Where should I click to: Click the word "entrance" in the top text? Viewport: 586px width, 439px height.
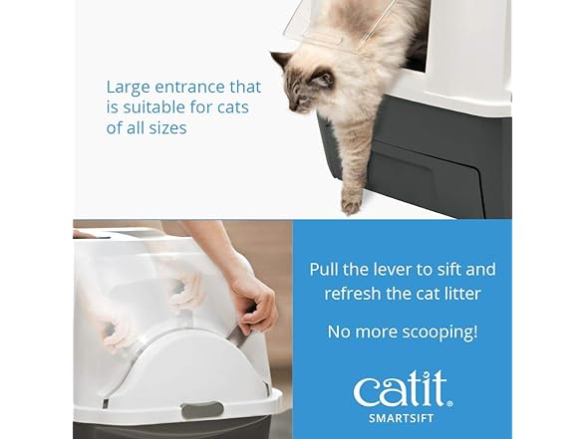(189, 87)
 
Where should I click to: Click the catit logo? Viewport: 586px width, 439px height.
(403, 389)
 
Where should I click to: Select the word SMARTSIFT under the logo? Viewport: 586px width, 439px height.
(402, 418)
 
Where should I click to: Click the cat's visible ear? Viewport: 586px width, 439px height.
(282, 59)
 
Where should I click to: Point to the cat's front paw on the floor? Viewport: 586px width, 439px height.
(352, 204)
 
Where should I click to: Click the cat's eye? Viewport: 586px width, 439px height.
(302, 99)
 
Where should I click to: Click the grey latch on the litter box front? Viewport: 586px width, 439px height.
(202, 410)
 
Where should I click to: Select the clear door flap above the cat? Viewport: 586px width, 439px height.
(330, 26)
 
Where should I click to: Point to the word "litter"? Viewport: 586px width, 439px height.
(462, 294)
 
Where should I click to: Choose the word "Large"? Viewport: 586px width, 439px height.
(129, 88)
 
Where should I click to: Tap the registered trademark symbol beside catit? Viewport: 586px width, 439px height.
(449, 403)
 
